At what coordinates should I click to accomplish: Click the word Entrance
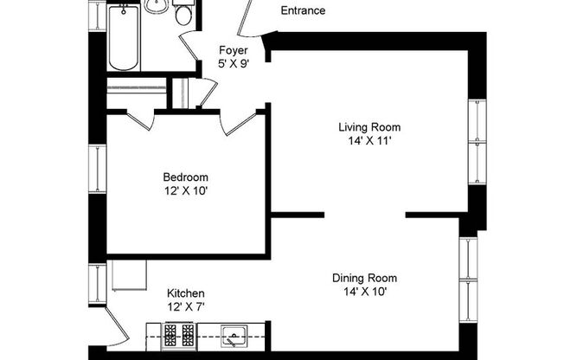303,11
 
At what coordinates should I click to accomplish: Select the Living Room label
369,127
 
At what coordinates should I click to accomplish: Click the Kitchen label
186,293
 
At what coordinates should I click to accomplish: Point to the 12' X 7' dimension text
186,306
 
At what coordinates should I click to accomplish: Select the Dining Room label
364,278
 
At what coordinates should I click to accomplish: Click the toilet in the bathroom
183,12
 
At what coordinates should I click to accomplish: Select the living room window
477,142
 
